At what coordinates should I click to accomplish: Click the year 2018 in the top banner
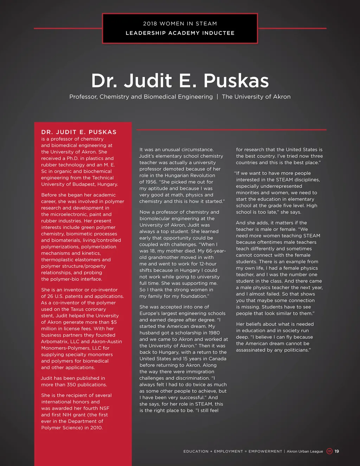tap(150, 24)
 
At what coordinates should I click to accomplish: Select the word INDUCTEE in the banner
tap(218, 33)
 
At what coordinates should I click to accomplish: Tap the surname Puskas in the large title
tap(236, 81)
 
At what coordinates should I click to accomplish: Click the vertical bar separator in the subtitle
tap(217, 97)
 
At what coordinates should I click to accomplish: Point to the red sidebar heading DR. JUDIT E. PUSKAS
tap(79, 132)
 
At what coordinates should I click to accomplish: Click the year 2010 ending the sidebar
tap(96, 428)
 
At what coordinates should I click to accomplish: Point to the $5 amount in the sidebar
tap(114, 322)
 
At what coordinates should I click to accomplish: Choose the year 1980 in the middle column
tap(214, 333)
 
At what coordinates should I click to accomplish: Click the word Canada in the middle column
tap(218, 359)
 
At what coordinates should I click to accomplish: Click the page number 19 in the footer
tap(337, 451)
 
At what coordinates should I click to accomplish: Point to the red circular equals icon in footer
tap(329, 451)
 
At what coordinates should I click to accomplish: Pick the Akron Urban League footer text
tap(304, 451)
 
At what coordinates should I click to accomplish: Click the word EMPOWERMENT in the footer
tap(265, 451)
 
